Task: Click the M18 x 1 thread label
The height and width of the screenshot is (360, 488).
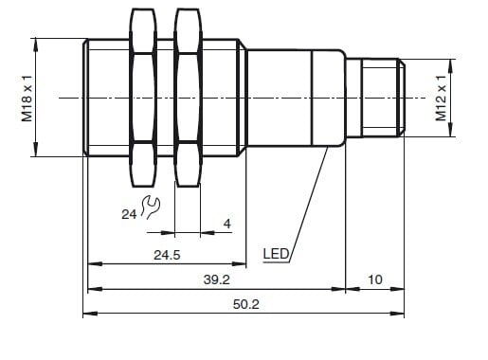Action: [x=27, y=99]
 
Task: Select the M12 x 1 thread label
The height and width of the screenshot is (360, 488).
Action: [x=441, y=99]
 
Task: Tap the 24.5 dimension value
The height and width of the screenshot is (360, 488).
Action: [x=167, y=255]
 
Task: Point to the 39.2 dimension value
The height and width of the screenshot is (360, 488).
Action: [x=217, y=279]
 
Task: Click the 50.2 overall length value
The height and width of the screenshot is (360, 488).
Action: [x=246, y=304]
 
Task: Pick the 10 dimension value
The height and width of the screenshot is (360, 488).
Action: [x=375, y=279]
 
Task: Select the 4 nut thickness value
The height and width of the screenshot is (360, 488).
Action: [x=227, y=224]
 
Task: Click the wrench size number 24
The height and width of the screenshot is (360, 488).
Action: [x=129, y=214]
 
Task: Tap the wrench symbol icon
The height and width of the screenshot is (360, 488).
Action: [x=150, y=207]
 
